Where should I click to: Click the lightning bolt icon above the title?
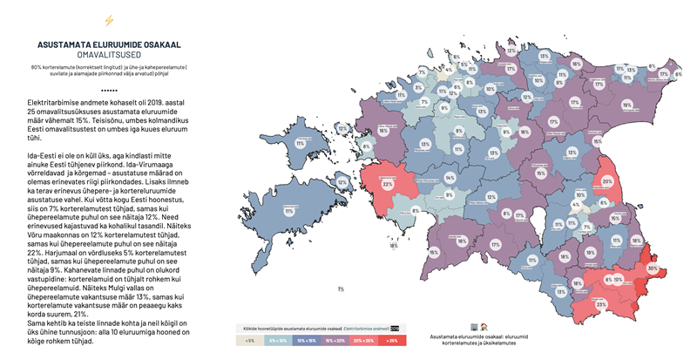(108, 21)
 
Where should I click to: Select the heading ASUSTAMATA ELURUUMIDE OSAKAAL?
(108, 44)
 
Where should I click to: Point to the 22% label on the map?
(388, 184)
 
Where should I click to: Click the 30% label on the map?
(652, 268)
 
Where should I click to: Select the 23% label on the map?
(600, 303)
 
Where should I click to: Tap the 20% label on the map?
(607, 181)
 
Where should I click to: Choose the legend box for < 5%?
(251, 339)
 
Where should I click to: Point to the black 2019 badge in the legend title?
(395, 327)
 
